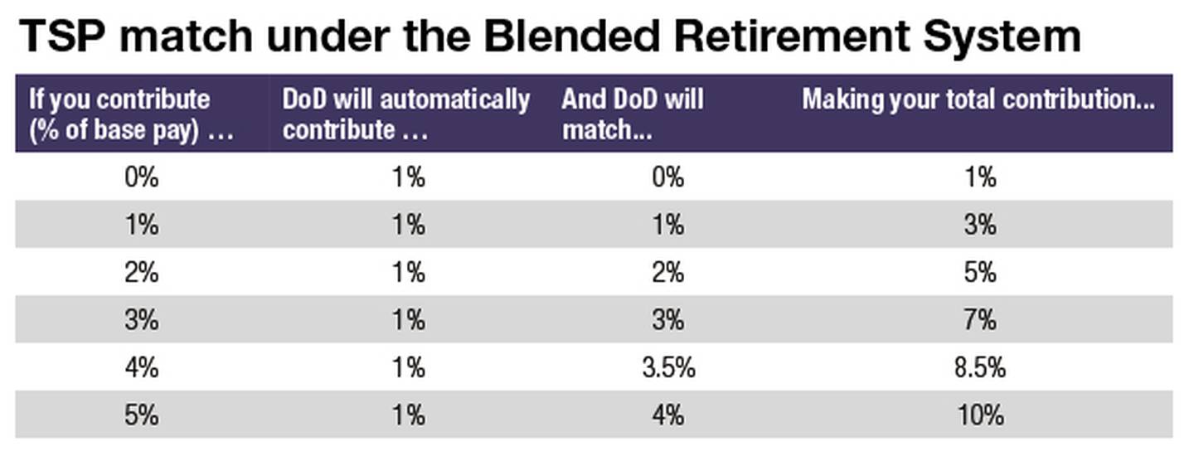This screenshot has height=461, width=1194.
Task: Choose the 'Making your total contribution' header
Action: [x=978, y=100]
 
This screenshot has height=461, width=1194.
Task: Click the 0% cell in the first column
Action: [x=141, y=177]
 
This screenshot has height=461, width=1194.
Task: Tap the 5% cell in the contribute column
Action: [x=141, y=414]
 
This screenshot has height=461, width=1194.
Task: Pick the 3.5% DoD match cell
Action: [x=667, y=367]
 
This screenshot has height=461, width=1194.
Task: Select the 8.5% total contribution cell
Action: [x=980, y=367]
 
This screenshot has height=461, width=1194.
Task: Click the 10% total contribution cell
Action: [x=980, y=414]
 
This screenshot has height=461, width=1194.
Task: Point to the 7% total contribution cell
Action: [x=980, y=320]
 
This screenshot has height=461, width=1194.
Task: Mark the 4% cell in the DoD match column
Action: [x=667, y=414]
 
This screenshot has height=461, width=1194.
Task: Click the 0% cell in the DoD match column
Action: [x=667, y=177]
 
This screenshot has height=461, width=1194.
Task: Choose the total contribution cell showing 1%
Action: [x=980, y=177]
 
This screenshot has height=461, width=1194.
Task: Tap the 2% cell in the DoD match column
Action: [x=667, y=273]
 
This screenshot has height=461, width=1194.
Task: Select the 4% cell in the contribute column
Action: [x=141, y=367]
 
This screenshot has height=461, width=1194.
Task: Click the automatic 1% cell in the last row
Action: [x=407, y=414]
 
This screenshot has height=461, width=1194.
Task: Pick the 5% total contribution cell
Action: [x=980, y=273]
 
